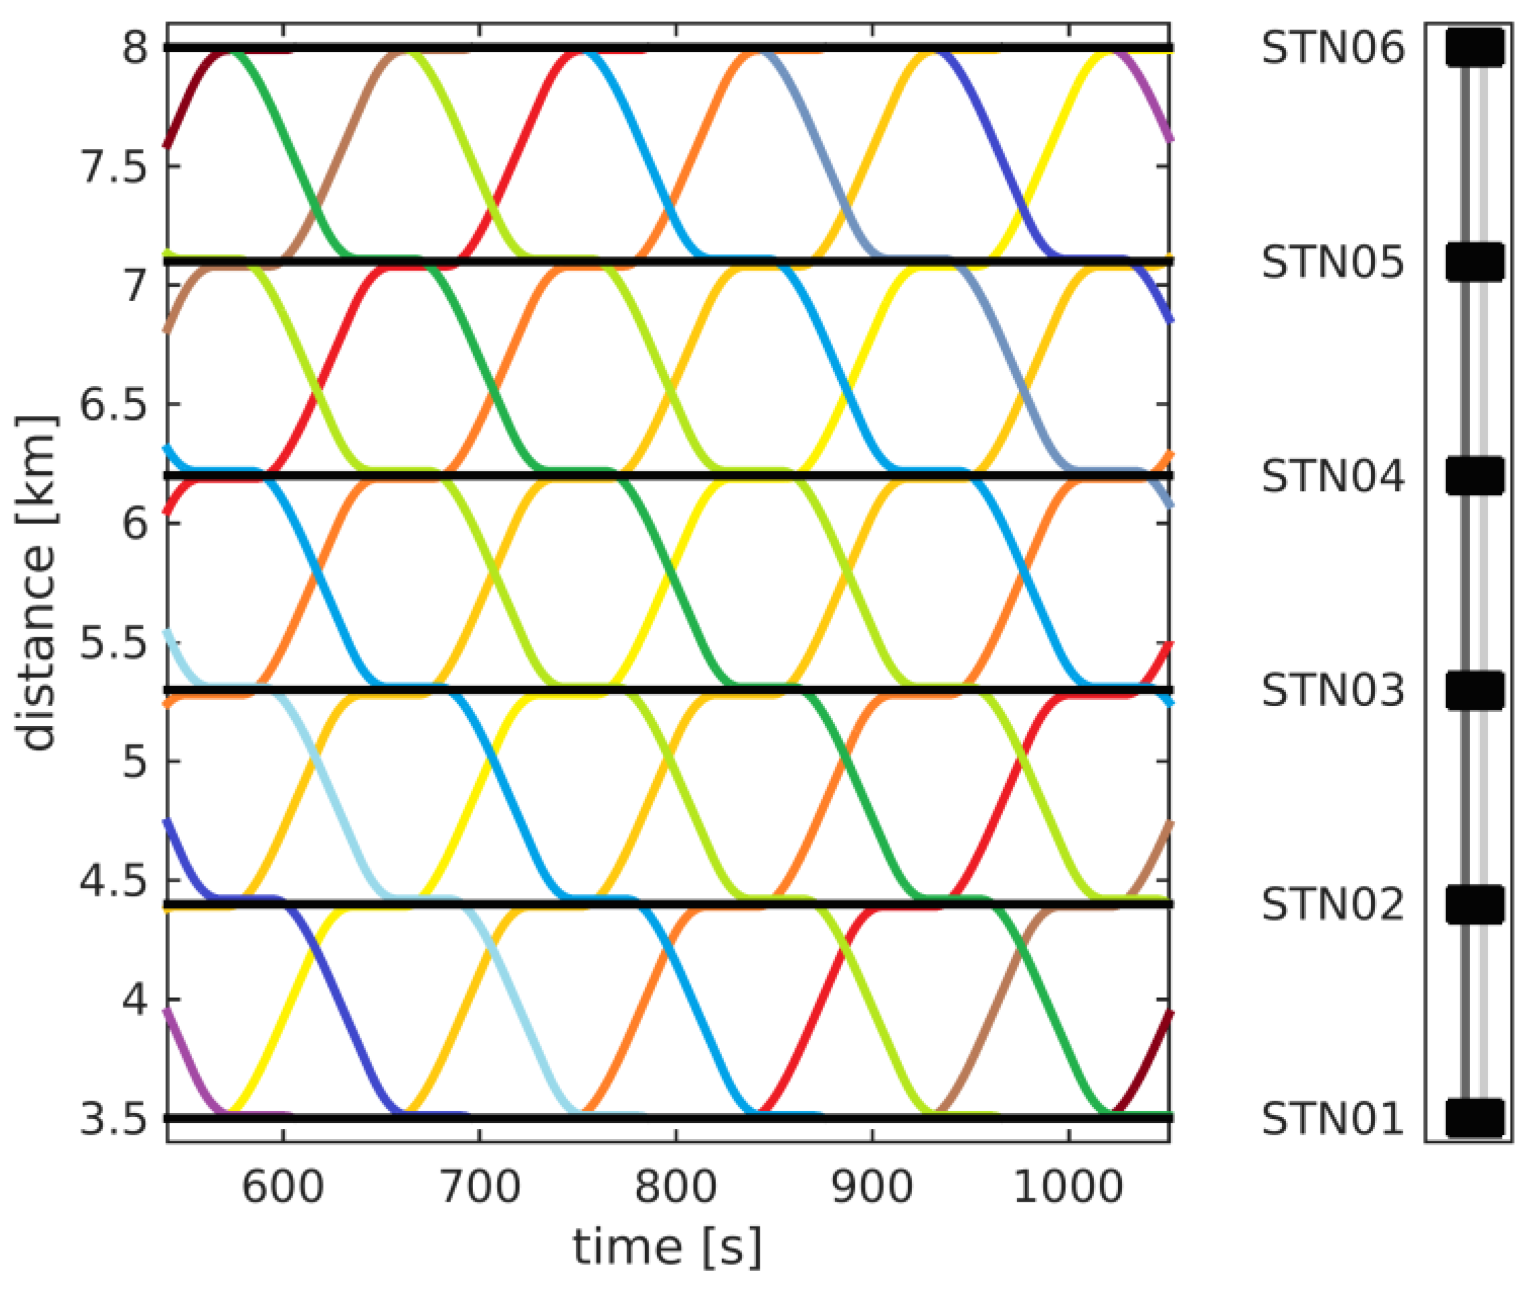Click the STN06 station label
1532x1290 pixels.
coord(1332,49)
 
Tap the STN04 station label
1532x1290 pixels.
coord(1332,476)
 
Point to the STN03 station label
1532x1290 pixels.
coord(1332,690)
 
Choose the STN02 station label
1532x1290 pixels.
coord(1332,905)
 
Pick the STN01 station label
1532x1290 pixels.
coord(1332,1119)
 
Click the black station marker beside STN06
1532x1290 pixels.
coord(1474,48)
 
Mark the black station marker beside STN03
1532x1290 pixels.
coord(1474,690)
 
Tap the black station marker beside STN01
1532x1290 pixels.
coord(1474,1119)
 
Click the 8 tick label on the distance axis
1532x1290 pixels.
coord(136,49)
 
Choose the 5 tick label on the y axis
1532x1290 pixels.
coord(136,762)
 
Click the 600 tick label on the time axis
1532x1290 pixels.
coord(282,1186)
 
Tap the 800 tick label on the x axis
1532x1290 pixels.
coord(675,1186)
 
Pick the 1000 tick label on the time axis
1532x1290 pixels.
coord(1068,1186)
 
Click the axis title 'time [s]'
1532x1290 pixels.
coord(667,1247)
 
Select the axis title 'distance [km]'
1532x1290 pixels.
coord(36,583)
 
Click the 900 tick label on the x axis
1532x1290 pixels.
coord(873,1186)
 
